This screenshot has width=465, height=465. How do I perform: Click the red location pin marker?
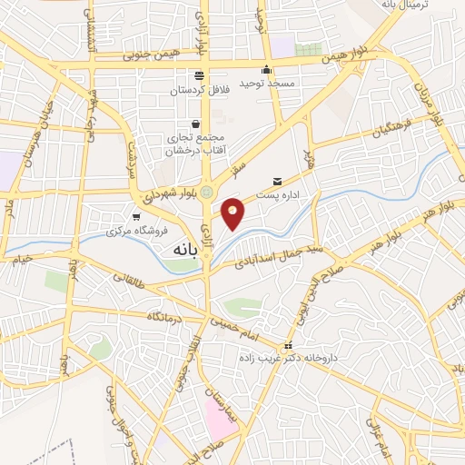tap(233, 213)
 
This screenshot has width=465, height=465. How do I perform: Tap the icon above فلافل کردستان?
tap(199, 75)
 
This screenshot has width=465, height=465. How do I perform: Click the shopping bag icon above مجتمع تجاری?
tap(195, 124)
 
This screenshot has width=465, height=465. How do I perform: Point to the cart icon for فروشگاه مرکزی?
tap(136, 216)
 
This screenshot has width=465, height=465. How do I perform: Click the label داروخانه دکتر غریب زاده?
tap(323, 357)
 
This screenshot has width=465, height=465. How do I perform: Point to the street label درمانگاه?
tap(166, 316)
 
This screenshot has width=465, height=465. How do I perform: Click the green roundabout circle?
tap(207, 192)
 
